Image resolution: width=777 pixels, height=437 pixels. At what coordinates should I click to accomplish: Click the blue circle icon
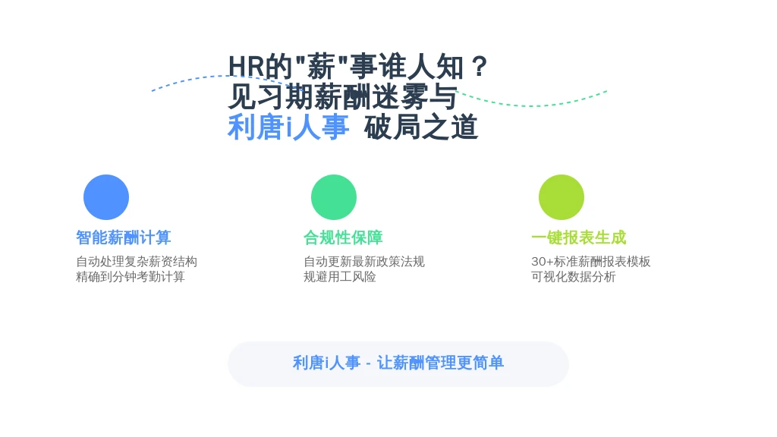click(106, 197)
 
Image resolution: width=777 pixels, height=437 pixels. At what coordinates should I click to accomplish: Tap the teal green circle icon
click(334, 197)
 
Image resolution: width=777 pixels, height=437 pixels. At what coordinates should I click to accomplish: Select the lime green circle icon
click(562, 197)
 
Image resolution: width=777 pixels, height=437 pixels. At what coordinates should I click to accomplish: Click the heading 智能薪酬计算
click(124, 237)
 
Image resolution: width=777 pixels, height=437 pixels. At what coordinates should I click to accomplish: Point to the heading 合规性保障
click(343, 237)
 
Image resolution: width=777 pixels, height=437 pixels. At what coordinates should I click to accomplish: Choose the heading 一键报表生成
click(579, 237)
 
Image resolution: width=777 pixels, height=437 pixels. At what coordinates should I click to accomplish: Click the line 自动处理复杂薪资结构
click(137, 261)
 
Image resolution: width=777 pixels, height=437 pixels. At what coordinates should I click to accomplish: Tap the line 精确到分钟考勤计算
click(131, 276)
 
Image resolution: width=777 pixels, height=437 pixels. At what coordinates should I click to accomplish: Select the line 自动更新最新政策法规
click(364, 261)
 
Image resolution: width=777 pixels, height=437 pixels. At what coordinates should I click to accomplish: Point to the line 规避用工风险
click(339, 276)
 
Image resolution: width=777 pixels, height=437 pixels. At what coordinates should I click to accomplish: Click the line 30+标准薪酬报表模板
click(590, 261)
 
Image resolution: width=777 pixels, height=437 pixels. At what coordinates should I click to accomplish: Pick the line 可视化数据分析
click(574, 276)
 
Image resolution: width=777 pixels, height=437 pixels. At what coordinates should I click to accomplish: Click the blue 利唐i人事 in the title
click(288, 127)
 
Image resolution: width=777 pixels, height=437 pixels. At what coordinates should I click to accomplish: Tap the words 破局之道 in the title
click(421, 127)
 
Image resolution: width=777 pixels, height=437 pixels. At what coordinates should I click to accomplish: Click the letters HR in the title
click(246, 67)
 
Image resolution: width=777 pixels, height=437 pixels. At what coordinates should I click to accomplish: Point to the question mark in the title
click(480, 67)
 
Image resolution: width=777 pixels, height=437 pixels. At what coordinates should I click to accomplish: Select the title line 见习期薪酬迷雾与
click(342, 96)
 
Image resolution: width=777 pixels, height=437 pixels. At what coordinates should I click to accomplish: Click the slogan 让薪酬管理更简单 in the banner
click(441, 363)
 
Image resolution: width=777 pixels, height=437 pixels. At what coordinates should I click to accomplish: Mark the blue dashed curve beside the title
click(218, 77)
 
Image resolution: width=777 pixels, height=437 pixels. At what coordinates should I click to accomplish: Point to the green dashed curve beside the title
click(530, 105)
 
